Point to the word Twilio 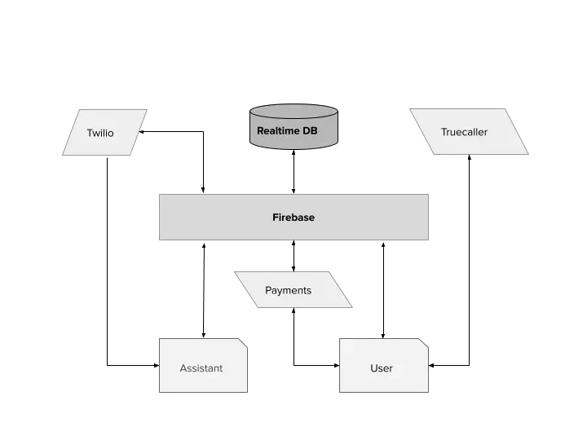click(100, 133)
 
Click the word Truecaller click(464, 132)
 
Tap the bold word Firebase click(293, 218)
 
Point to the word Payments click(288, 290)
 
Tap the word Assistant click(201, 368)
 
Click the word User click(382, 368)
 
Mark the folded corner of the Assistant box click(242, 343)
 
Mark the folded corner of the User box click(424, 343)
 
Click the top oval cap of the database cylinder click(293, 110)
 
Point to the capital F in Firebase click(275, 218)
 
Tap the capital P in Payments click(268, 290)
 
